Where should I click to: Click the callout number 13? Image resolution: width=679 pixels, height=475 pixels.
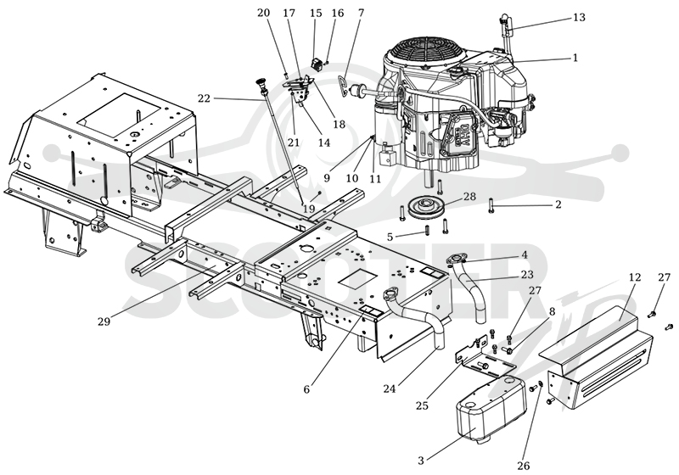(x=579, y=17)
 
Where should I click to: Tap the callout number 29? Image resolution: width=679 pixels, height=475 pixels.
(x=104, y=321)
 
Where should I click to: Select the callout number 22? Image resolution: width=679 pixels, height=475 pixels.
(x=204, y=98)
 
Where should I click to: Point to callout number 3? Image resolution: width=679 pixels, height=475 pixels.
(x=420, y=461)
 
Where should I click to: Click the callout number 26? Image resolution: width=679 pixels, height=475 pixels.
(x=523, y=466)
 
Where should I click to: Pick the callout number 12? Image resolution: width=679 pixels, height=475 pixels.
(x=634, y=277)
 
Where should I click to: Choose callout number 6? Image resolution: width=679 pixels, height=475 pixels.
(x=306, y=389)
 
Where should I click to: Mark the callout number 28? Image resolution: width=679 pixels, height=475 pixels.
(x=469, y=197)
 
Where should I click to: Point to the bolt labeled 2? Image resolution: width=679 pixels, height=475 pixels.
(x=491, y=204)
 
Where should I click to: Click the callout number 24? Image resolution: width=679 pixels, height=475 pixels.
(x=389, y=389)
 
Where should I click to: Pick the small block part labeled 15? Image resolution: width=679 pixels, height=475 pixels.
(x=317, y=64)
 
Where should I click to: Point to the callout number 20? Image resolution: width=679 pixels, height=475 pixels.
(x=263, y=13)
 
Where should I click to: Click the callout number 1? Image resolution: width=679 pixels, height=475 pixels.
(x=575, y=58)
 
